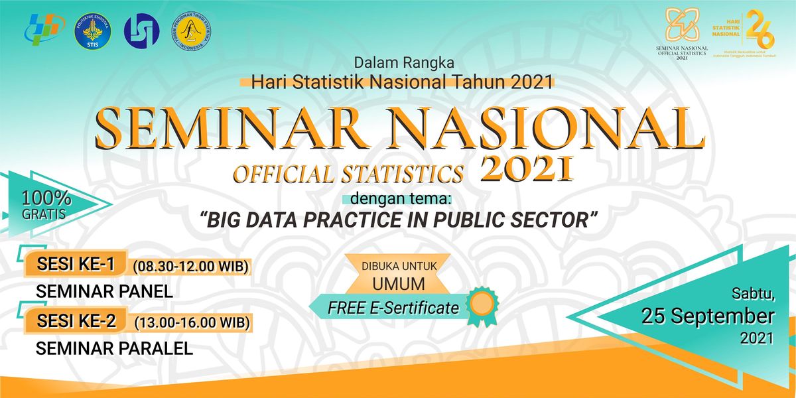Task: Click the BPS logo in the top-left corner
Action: tap(44, 28)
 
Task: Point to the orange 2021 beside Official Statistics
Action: tap(525, 169)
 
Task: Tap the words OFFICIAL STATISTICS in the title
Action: tap(348, 174)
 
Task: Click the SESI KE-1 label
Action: tap(77, 265)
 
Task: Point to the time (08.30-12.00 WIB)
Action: tap(190, 267)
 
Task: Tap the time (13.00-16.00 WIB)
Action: tap(192, 324)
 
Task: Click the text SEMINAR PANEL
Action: tap(104, 291)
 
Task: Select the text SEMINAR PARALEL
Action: tap(114, 348)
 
